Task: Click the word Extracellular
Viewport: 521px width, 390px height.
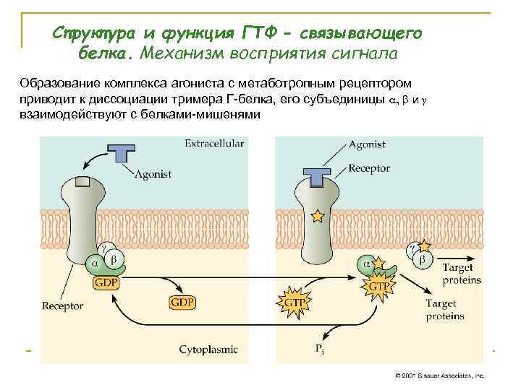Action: (x=214, y=143)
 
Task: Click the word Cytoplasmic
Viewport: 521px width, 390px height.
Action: (x=208, y=350)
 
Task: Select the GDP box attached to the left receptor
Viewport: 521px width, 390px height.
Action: (x=106, y=283)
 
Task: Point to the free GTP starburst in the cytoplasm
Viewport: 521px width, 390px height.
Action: (x=293, y=300)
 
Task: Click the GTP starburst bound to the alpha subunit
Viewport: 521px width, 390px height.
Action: (x=379, y=286)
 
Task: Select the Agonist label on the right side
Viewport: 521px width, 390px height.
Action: (x=367, y=144)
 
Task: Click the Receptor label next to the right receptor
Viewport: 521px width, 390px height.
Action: (x=369, y=168)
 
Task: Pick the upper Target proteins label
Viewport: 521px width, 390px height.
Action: (x=462, y=274)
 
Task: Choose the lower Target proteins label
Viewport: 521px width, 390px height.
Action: (x=446, y=310)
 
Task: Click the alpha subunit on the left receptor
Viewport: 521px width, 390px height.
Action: (x=94, y=264)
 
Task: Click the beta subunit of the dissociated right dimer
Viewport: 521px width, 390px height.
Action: (x=421, y=258)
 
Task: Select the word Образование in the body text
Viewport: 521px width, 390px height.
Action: (x=58, y=83)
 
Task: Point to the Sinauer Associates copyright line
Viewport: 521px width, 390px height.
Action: (x=439, y=376)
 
